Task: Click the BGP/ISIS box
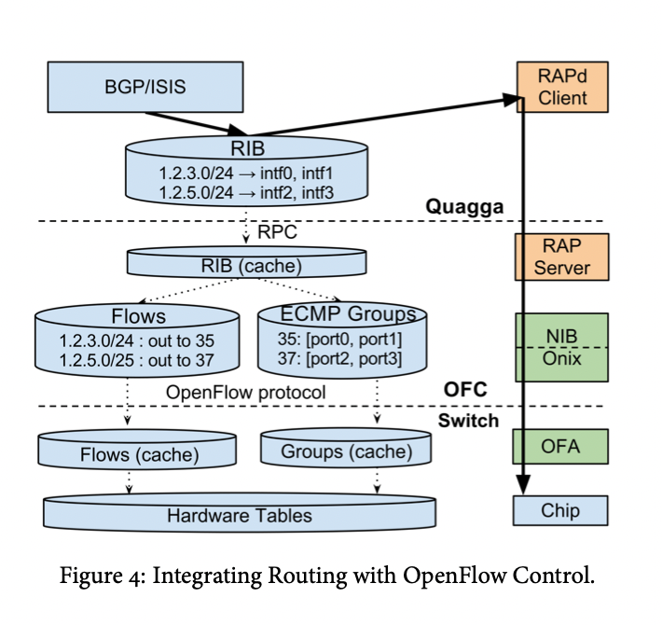(145, 88)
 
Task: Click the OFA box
(561, 446)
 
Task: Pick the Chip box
(561, 510)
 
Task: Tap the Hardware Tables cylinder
(240, 515)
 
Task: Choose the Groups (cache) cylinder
(347, 452)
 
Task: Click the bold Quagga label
(464, 207)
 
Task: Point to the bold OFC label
(464, 391)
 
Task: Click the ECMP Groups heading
(335, 314)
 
